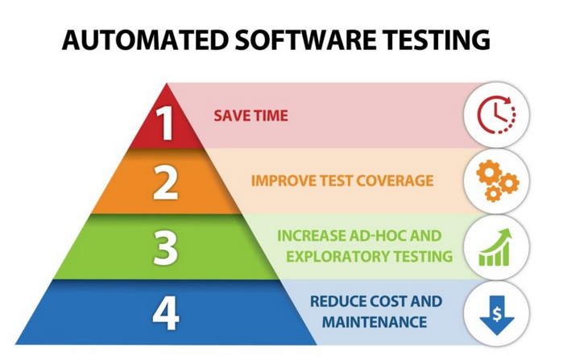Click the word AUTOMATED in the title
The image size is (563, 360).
[x=146, y=39]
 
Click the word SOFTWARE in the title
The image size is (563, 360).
[x=305, y=39]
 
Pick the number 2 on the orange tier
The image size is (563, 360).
[x=166, y=183]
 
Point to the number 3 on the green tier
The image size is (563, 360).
[x=166, y=248]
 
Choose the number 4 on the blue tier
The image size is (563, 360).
[x=166, y=312]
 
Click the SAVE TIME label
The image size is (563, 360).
[x=250, y=116]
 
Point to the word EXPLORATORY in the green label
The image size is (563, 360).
[x=337, y=257]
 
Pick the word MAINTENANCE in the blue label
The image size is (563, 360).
[x=375, y=322]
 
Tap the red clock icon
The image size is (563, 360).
[x=497, y=114]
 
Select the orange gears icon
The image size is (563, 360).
[x=498, y=180]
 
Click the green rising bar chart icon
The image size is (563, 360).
[x=495, y=247]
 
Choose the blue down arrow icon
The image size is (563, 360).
[x=497, y=315]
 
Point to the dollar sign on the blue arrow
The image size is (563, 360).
[x=497, y=314]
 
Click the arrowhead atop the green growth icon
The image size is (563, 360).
[x=506, y=234]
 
